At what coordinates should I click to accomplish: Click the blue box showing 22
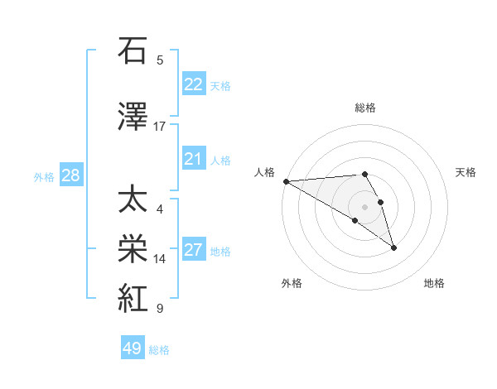pos(194,84)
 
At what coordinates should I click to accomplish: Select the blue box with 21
pos(194,159)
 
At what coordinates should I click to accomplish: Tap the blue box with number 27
pos(194,250)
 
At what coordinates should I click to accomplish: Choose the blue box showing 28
pos(70,175)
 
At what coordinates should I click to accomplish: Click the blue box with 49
pos(133,348)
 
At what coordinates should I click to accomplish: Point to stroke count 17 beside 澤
pos(160,127)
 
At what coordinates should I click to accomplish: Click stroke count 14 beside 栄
pos(160,259)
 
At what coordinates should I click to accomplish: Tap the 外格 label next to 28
pos(44,176)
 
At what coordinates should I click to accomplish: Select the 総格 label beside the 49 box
pos(159,350)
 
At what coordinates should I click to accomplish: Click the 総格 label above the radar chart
pos(365,108)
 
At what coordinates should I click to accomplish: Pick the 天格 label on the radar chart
pos(466,172)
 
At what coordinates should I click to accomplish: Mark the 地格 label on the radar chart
pos(434,283)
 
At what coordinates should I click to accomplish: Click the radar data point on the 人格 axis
pos(286,181)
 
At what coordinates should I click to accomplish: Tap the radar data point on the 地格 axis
pos(393,247)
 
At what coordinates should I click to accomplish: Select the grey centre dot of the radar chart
pos(364,206)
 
